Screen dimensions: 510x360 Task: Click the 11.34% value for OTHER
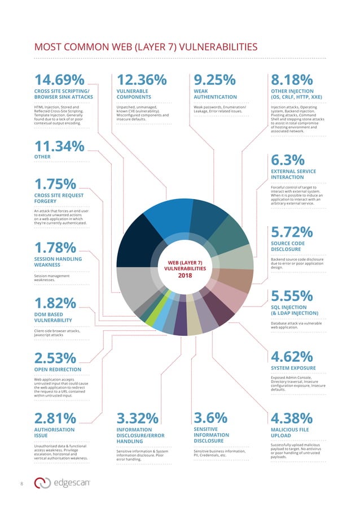(x=59, y=146)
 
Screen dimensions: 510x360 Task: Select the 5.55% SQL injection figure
(x=292, y=296)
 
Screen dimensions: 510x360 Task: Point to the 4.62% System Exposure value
(x=292, y=357)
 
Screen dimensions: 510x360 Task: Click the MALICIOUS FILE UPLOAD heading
(x=289, y=433)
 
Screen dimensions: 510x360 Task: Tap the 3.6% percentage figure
(x=210, y=417)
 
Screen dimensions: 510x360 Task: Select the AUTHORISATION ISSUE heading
(x=54, y=433)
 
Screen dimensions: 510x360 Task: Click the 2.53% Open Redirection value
(x=55, y=358)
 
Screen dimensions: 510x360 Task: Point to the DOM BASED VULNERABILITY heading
(x=52, y=317)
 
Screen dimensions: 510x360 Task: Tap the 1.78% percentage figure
(x=55, y=247)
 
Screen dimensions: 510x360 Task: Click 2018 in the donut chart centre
(x=186, y=276)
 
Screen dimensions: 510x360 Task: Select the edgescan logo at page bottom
(x=65, y=483)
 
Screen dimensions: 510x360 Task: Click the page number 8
(x=21, y=483)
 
